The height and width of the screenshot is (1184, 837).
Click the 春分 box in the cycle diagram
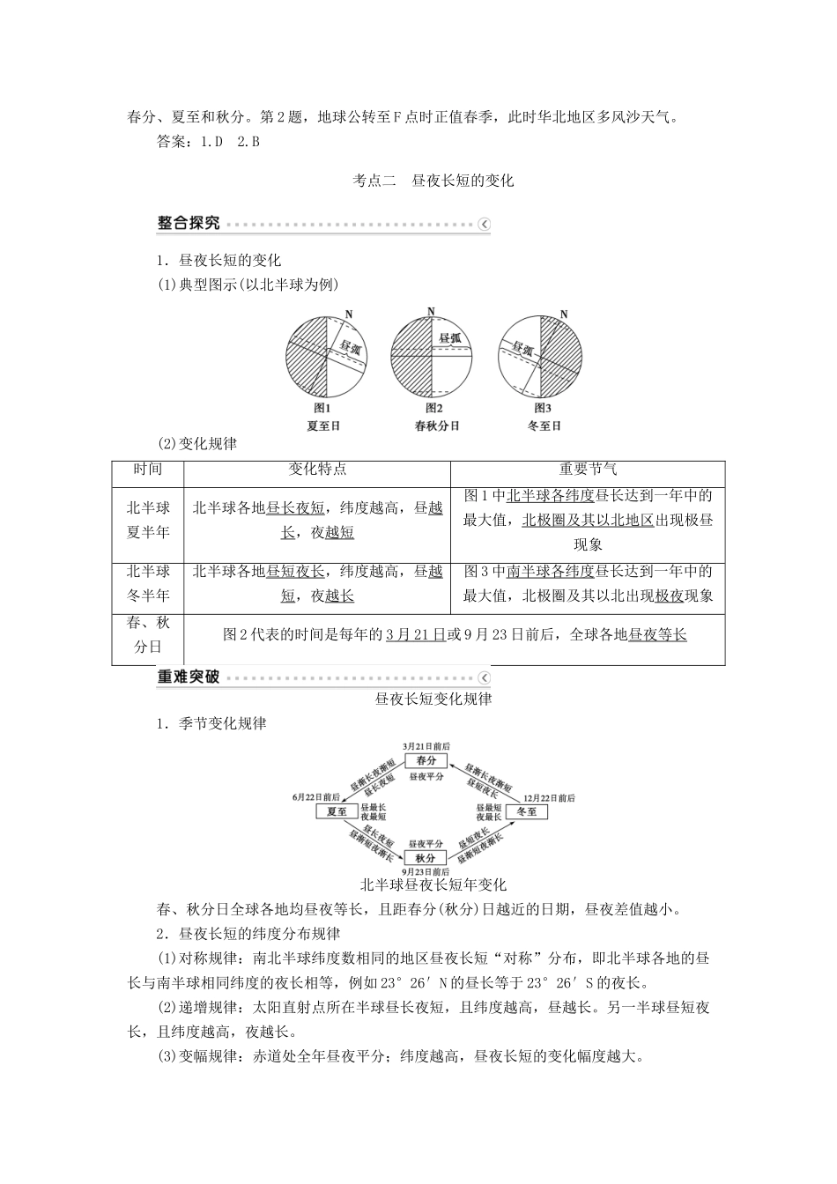coord(426,760)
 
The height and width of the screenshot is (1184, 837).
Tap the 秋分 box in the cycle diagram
coord(426,857)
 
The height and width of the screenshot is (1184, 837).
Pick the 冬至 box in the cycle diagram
coord(526,810)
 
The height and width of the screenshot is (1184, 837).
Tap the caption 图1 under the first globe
coord(322,408)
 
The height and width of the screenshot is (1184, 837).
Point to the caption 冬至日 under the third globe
coord(544,425)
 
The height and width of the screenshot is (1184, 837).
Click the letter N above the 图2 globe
coord(430,311)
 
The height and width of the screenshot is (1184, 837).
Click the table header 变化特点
coord(317,470)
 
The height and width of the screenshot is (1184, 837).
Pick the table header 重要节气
coord(588,470)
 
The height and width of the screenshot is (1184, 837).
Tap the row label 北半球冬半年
coord(148,583)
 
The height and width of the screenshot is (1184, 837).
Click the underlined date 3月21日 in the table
coord(416,634)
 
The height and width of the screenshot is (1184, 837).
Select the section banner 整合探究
coord(189,224)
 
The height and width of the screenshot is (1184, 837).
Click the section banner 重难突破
coord(189,677)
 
